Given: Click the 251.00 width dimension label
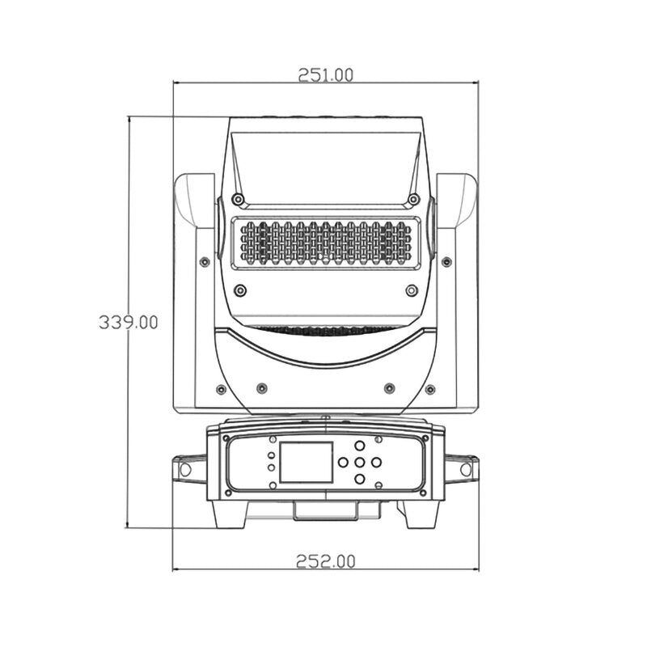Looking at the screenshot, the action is [x=326, y=75].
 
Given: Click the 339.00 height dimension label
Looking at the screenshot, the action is [x=129, y=322].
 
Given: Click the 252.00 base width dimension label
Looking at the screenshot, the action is [x=326, y=561].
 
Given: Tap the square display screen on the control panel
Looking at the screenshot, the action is [x=307, y=462].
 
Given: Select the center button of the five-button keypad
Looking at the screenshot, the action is [x=360, y=462].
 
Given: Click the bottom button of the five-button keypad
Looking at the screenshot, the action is [x=360, y=479].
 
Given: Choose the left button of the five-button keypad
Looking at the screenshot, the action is [x=343, y=462].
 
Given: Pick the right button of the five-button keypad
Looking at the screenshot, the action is [x=376, y=462].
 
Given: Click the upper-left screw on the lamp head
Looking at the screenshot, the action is [x=238, y=200].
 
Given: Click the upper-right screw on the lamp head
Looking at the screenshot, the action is [x=413, y=200].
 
